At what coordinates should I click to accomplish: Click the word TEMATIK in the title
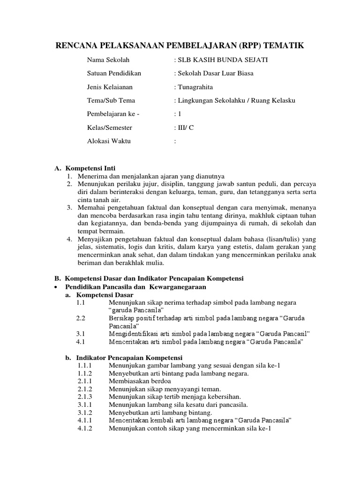tap(282, 45)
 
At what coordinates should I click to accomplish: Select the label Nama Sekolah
tap(108, 60)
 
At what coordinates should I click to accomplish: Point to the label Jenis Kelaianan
tap(110, 87)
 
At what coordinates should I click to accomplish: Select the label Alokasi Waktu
tap(109, 141)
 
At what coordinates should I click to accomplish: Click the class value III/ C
tap(184, 127)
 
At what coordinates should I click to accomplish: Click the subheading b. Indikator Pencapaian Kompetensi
tap(120, 358)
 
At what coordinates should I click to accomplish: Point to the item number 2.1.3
tap(85, 397)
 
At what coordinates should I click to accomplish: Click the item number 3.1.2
tap(85, 412)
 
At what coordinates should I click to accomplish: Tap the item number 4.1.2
tap(85, 428)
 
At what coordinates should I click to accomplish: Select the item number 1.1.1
tap(85, 365)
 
